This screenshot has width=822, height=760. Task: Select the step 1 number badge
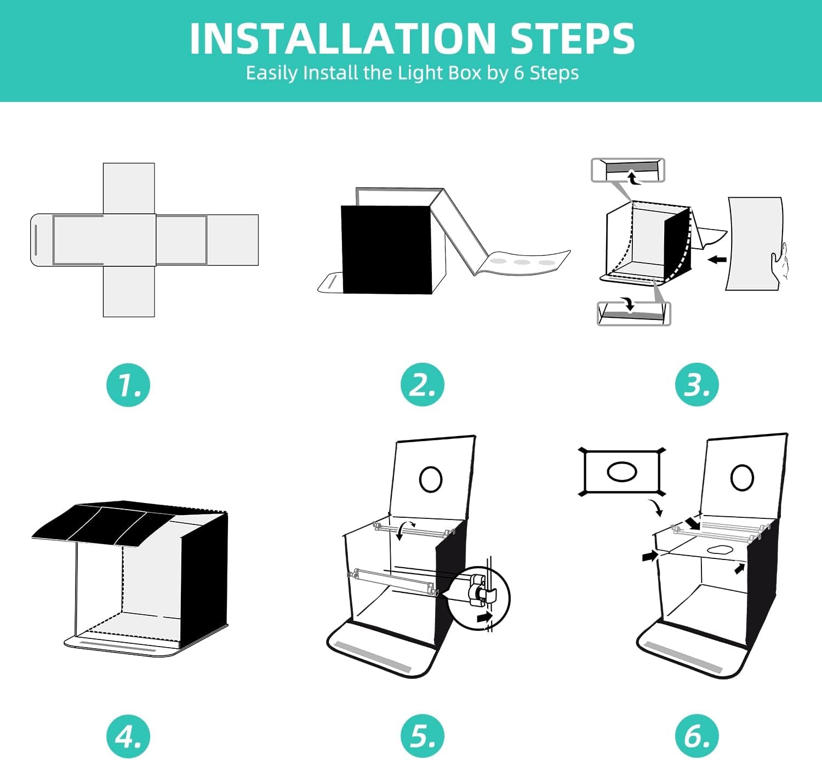coord(128,385)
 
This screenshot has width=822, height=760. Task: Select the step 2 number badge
coord(422,385)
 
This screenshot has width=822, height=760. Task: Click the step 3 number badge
coord(697,385)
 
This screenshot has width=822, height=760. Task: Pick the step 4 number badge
coord(128,736)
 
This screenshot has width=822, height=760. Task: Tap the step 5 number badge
coord(422,736)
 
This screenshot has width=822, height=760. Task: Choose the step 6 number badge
coord(697,736)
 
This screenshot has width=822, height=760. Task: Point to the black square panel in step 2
coord(386,250)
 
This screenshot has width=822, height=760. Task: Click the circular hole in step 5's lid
coord(430,479)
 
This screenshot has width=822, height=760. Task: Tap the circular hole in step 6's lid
coord(742,478)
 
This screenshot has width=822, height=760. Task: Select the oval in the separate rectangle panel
coord(621,471)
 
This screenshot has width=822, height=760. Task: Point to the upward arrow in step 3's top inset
coord(632,179)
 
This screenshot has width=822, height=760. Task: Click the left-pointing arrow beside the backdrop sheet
coord(717,260)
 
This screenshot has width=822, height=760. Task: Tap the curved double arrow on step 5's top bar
coord(404,530)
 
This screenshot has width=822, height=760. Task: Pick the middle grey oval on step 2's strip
coord(522,262)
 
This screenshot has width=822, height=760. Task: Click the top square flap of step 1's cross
coord(129,188)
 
